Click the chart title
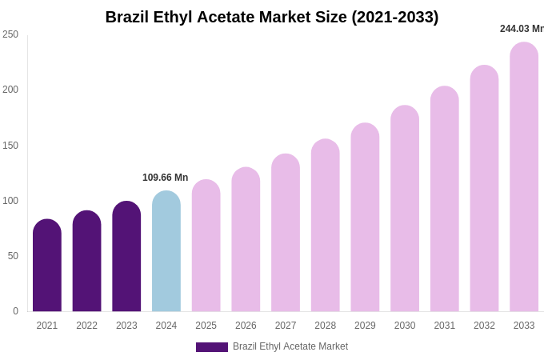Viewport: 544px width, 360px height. coord(272,17)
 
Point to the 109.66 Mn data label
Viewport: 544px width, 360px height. coord(166,178)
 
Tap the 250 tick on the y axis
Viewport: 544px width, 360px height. coord(10,34)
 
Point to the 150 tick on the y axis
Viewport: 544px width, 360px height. coord(10,146)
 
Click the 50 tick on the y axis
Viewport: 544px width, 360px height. coord(13,256)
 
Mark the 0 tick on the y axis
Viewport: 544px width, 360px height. coord(15,311)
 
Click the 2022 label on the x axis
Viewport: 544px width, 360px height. coord(86,326)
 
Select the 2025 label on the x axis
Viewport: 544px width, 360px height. coord(206,326)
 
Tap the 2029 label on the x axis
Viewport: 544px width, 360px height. coord(365,326)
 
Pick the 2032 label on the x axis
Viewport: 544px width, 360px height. coord(484,326)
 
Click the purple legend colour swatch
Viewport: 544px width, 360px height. coord(212,347)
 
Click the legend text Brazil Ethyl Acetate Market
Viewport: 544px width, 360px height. coord(290,346)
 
